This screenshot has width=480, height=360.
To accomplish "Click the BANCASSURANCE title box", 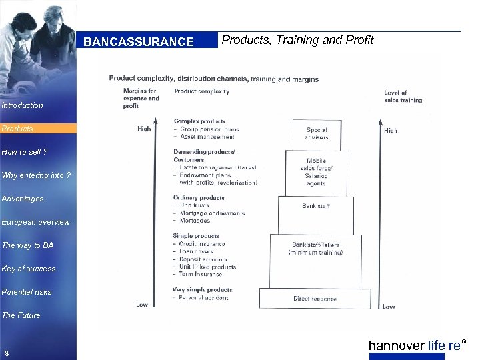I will click(x=138, y=42).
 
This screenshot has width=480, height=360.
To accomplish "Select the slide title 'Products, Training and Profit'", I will click(x=297, y=40).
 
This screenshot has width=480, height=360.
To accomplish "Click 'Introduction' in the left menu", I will click(x=22, y=105).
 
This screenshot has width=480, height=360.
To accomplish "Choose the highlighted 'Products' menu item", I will click(x=18, y=129).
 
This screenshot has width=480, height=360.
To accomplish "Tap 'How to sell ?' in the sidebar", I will click(x=25, y=152).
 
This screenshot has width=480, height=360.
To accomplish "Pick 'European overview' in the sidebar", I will click(x=35, y=222).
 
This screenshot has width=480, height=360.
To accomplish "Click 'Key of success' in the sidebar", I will click(x=29, y=269).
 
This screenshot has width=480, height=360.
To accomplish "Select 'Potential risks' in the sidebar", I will click(x=27, y=292).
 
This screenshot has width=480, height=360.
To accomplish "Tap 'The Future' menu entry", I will click(x=21, y=315).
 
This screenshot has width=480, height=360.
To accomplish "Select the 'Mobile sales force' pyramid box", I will click(x=316, y=173).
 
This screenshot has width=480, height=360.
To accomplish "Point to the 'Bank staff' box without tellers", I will click(x=316, y=207).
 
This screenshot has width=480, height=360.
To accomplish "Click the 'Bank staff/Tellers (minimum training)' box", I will click(x=316, y=249).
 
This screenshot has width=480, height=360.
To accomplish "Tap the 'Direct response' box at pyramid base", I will click(x=315, y=299).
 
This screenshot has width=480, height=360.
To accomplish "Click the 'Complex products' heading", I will click(x=199, y=121).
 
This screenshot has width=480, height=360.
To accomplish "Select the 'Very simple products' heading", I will click(x=202, y=290).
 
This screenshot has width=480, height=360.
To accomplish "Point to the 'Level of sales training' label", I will click(x=403, y=97).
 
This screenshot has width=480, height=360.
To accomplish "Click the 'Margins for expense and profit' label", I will click(x=141, y=98).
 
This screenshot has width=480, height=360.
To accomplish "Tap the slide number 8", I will click(x=5, y=353).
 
